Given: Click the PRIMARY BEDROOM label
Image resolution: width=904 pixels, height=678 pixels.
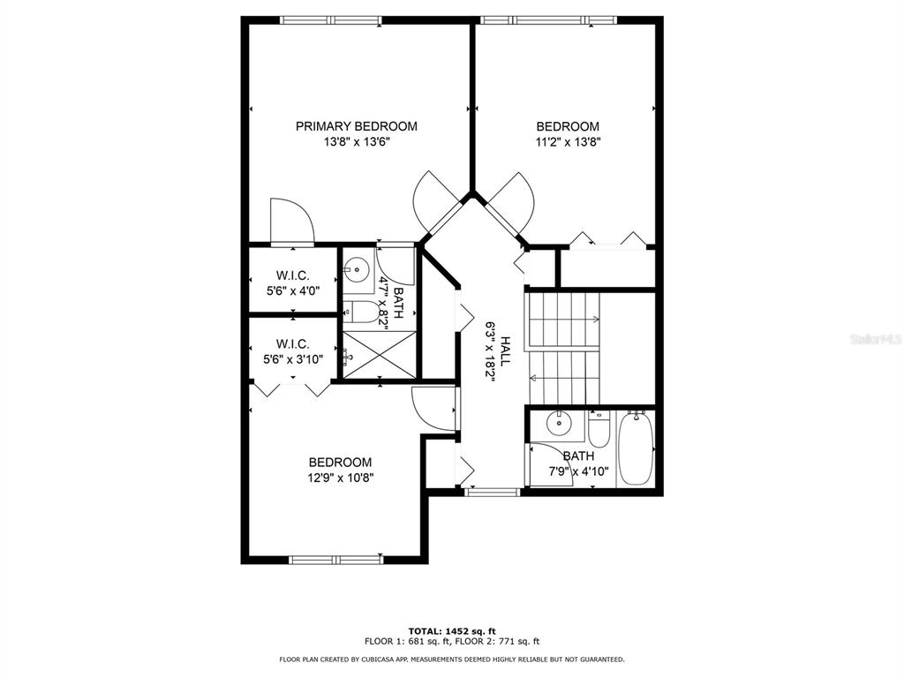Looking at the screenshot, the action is click(357, 126).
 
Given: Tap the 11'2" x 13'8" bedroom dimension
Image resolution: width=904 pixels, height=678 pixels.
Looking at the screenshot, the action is click(569, 142).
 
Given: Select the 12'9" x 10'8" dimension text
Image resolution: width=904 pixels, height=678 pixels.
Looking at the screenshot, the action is click(340, 478).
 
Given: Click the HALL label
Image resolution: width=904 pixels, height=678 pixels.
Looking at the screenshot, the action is click(505, 351).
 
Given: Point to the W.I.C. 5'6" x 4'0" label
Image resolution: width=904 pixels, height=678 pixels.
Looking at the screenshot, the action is click(293, 283).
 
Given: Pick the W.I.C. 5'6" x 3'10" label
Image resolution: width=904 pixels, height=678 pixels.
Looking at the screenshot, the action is click(293, 351).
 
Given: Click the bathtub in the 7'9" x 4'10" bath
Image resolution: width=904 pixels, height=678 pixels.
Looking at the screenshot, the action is click(636, 448).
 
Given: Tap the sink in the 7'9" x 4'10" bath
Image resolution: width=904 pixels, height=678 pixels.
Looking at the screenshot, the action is click(558, 423).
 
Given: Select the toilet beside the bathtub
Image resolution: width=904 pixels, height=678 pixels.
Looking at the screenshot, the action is click(599, 429).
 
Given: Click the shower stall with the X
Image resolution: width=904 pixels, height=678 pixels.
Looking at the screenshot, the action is click(380, 355).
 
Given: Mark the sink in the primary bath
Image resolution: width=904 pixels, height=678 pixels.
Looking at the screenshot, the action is click(358, 268).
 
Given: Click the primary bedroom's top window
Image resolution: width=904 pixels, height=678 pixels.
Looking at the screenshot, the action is click(331, 21).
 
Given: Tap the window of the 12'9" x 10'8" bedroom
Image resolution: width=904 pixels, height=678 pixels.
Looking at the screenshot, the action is click(336, 559).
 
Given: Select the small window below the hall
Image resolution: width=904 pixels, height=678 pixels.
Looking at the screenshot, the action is click(492, 493).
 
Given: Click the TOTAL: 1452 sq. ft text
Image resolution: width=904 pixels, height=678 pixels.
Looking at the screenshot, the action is click(452, 631).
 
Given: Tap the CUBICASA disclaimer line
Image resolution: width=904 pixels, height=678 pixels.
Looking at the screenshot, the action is click(452, 659).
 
